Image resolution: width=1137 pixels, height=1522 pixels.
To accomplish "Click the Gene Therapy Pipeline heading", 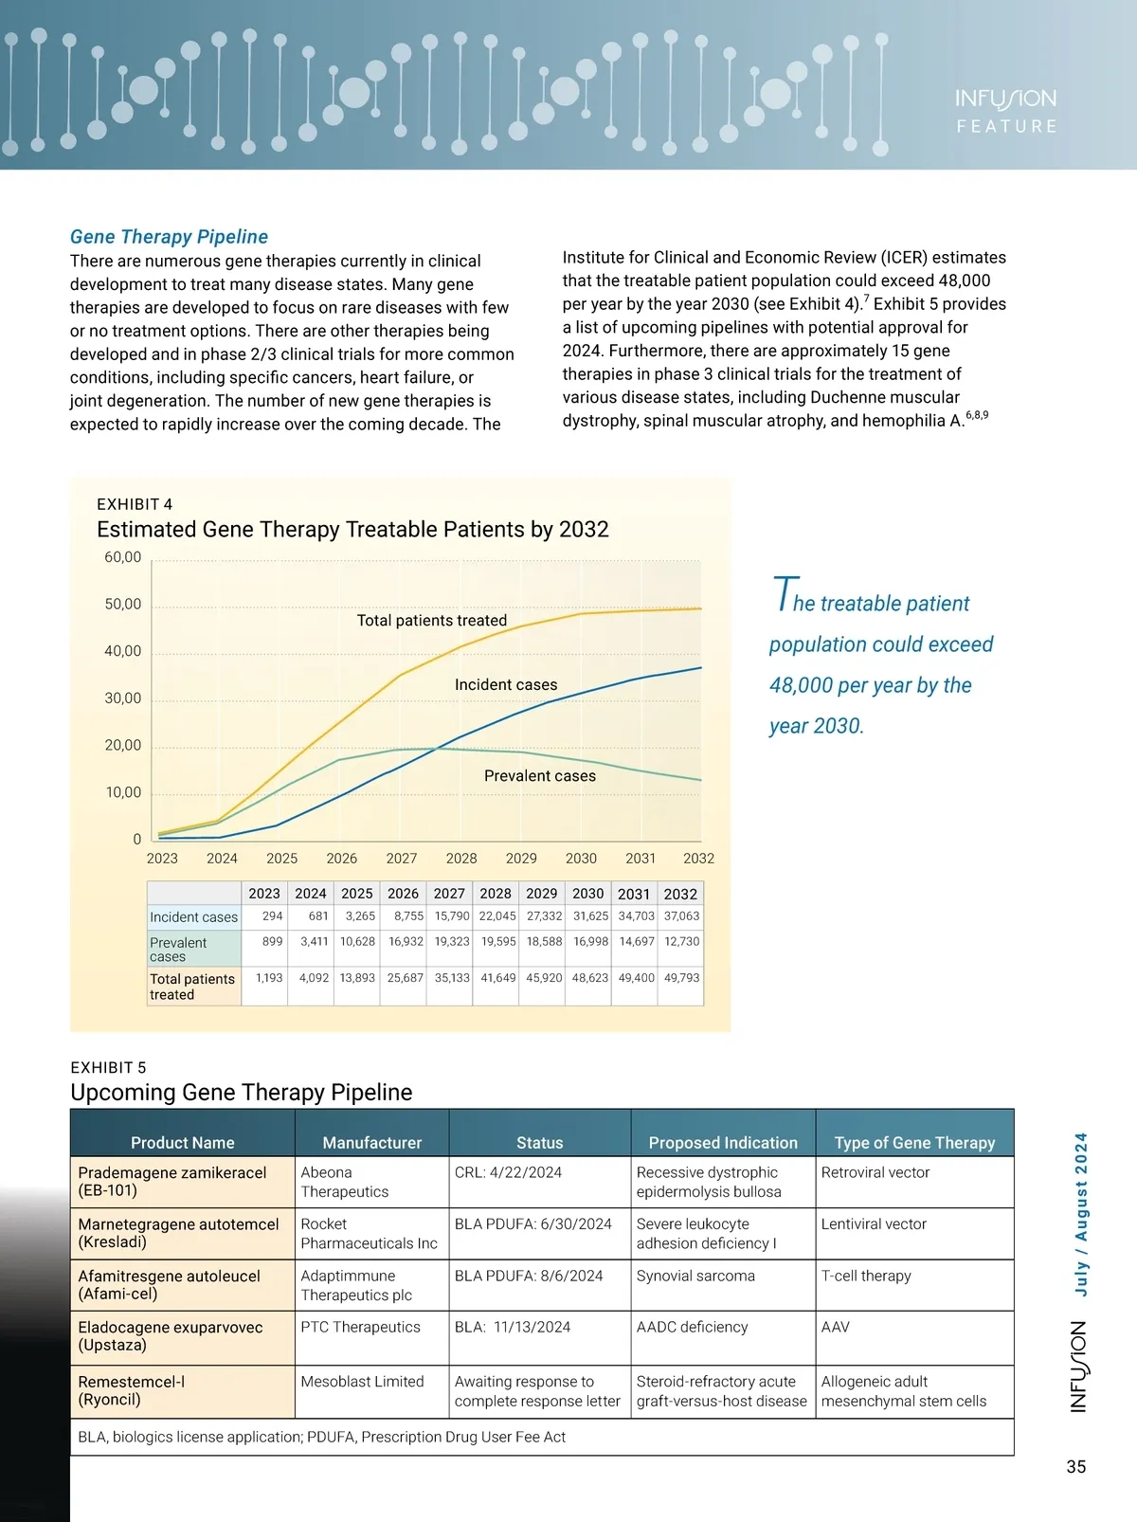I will tap(169, 237).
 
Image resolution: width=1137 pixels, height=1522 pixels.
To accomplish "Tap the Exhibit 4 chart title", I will tap(352, 530).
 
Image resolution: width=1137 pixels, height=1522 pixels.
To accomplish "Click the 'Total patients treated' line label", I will tap(431, 621).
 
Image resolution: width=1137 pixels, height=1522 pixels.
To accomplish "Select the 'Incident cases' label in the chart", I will tap(506, 685).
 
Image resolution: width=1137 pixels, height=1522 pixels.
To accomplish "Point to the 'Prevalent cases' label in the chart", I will tap(540, 776).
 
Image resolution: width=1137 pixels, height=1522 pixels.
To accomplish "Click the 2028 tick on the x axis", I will tap(461, 859).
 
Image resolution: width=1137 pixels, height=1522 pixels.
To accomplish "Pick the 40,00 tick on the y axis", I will tap(123, 652).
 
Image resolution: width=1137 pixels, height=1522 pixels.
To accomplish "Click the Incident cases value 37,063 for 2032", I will tap(681, 916).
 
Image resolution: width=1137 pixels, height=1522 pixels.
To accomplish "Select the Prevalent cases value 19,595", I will tap(497, 942).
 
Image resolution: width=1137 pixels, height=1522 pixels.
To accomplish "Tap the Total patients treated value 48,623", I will tap(590, 978).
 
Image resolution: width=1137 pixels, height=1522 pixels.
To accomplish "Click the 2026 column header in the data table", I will tap(403, 894).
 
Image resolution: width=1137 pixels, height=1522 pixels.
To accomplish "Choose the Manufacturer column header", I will tap(371, 1143).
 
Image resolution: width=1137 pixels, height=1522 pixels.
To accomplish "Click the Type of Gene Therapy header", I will tap(914, 1143).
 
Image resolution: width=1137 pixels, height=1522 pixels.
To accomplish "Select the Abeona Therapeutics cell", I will tap(345, 1182).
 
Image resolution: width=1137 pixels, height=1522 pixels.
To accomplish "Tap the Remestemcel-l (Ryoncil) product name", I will tap(132, 1390).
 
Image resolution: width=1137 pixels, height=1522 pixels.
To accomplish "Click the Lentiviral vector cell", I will tap(874, 1224).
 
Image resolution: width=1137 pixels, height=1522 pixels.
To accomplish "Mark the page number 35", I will tap(1076, 1467).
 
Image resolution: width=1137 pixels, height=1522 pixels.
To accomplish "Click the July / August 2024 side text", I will tap(1081, 1214).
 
